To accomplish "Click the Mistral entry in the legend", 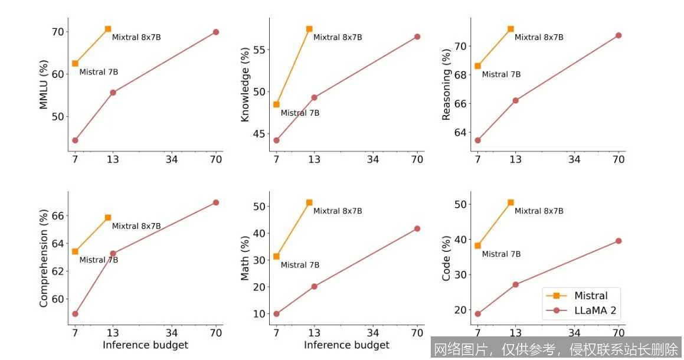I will pyautogui.click(x=590, y=296).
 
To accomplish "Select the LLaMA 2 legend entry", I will pyautogui.click(x=596, y=310).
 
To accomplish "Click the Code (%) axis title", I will pyautogui.click(x=446, y=258).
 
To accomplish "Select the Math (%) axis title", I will pyautogui.click(x=245, y=258).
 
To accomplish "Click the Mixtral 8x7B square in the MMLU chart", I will pyautogui.click(x=108, y=29).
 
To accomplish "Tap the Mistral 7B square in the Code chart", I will pyautogui.click(x=477, y=246).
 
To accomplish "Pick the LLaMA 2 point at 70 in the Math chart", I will pyautogui.click(x=417, y=228).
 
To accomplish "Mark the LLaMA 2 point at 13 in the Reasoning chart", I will pyautogui.click(x=515, y=100).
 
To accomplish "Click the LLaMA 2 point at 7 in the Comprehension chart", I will pyautogui.click(x=75, y=313).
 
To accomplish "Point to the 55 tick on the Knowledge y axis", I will pyautogui.click(x=258, y=49).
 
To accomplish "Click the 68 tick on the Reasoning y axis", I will pyautogui.click(x=459, y=74).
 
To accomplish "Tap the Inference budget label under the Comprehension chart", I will pyautogui.click(x=145, y=345).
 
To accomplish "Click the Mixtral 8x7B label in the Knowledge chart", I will pyautogui.click(x=338, y=37).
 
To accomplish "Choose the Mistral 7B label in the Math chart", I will pyautogui.click(x=300, y=265).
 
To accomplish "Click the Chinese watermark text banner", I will pyautogui.click(x=556, y=349).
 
